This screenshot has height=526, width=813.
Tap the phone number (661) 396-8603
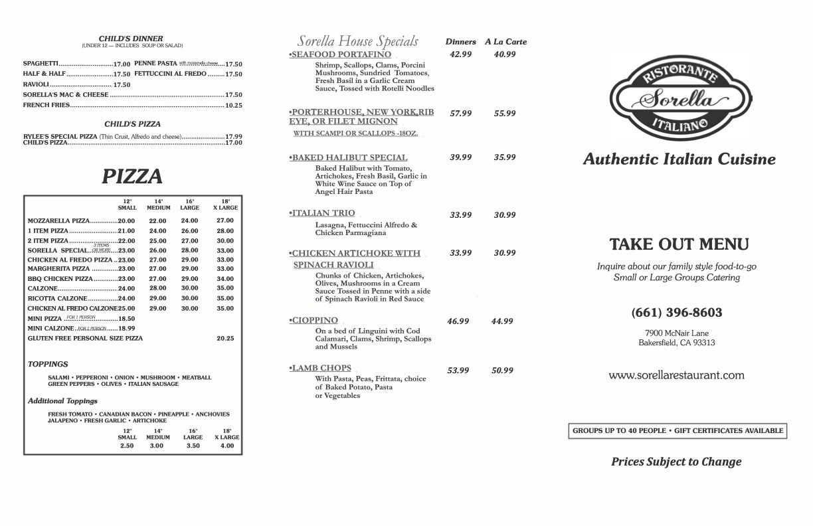click(x=676, y=312)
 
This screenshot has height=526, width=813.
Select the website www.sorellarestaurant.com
click(x=676, y=375)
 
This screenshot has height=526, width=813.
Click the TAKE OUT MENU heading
click(x=679, y=244)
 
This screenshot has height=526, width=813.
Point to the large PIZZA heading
click(x=132, y=177)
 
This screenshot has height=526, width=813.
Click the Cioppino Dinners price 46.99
click(x=458, y=321)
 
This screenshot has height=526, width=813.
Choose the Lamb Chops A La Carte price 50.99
click(x=502, y=371)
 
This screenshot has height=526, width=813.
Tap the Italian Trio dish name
click(x=323, y=213)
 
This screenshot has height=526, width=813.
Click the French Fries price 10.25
click(x=233, y=106)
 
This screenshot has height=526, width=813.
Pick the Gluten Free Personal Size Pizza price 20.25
click(x=225, y=339)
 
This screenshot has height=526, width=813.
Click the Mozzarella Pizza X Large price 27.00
click(x=225, y=221)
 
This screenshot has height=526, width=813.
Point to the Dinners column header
click(x=460, y=42)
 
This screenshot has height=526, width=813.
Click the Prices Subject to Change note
click(x=676, y=462)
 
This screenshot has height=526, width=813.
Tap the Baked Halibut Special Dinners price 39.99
click(x=460, y=157)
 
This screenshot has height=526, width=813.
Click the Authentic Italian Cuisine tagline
click(x=679, y=159)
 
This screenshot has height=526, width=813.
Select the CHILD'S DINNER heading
click(x=131, y=39)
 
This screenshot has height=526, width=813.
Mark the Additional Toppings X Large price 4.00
click(x=226, y=446)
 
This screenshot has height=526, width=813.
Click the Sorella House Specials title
click(x=357, y=41)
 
